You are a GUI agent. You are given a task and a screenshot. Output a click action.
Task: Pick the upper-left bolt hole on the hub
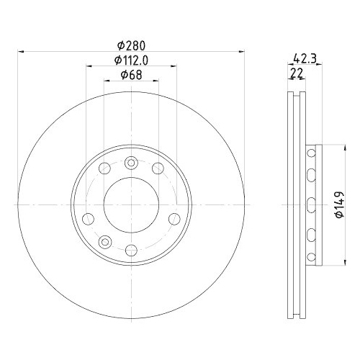[104, 169]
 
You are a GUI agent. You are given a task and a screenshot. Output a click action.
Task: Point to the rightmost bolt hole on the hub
[173, 218]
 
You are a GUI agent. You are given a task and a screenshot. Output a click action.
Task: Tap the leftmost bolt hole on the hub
[88, 218]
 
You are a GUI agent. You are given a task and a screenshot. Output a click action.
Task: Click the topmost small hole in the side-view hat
[311, 154]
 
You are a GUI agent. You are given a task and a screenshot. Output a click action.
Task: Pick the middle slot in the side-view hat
[311, 204]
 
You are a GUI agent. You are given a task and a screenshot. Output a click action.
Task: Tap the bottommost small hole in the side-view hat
[311, 256]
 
